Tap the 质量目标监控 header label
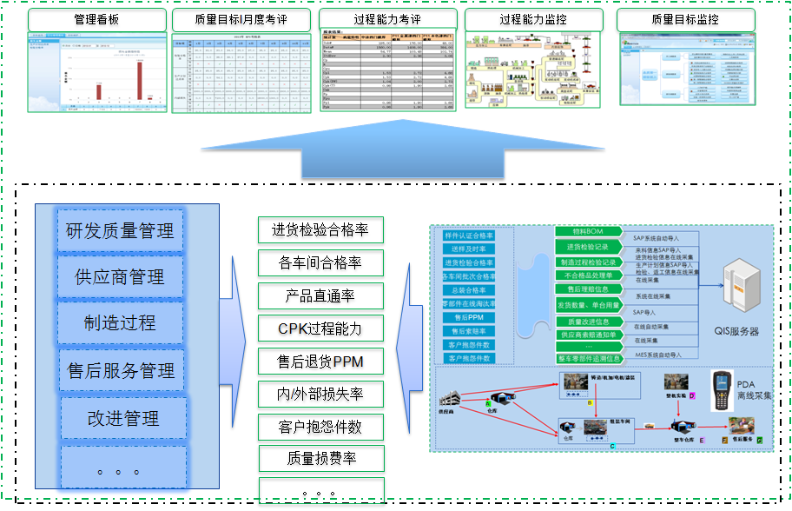pos(685,19)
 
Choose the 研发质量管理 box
pos(121,231)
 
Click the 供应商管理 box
pos(121,277)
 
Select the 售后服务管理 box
pos(121,371)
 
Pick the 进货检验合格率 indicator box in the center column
pos(320,230)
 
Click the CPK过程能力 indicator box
pos(320,328)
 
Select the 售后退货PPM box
pos(320,361)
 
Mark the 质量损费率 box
pos(320,458)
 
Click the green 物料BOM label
pos(588,232)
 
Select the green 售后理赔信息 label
pos(588,289)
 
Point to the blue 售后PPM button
pos(469,317)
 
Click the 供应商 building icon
pos(451,401)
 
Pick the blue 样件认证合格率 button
pos(469,236)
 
